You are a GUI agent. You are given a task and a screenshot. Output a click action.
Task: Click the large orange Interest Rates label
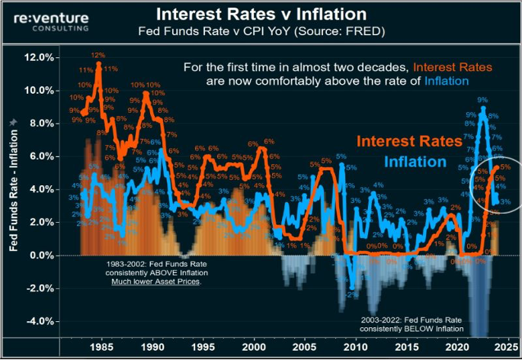click(x=409, y=141)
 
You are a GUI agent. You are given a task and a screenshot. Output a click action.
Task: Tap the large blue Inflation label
click(x=415, y=162)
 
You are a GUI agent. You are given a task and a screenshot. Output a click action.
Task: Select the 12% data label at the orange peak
click(x=98, y=55)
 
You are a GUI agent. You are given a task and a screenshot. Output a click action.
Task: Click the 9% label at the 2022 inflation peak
click(x=482, y=99)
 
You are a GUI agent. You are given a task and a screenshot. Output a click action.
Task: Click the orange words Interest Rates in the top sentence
click(x=456, y=67)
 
